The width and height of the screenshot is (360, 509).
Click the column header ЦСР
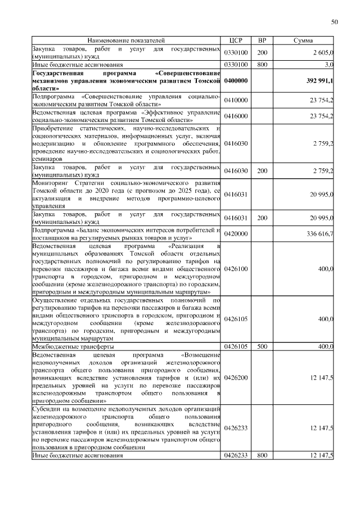236,40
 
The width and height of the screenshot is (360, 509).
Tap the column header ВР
262,40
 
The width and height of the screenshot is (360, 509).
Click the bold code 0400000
236,81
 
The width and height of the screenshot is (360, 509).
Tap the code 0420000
236,233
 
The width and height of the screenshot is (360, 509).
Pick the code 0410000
236,100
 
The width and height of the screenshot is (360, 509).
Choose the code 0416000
236,116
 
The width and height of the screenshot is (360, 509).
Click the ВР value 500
262,347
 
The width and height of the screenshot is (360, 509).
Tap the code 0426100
236,269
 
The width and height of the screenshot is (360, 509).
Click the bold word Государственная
58,73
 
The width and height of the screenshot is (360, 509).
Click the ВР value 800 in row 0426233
262,455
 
